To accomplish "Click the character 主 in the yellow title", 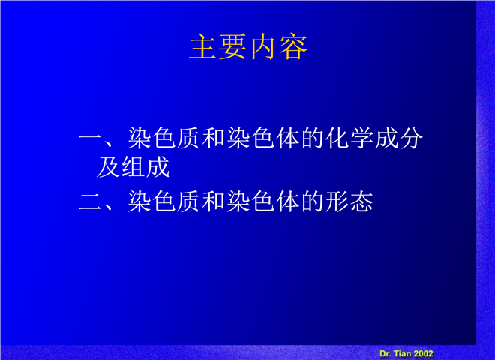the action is click(202, 47).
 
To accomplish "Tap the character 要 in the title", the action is click(232, 47).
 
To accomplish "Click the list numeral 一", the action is click(90, 138).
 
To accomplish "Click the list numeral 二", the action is click(90, 202).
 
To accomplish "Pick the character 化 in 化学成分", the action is click(337, 138).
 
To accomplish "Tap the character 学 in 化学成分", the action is click(361, 138).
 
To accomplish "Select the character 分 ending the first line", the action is click(411, 138).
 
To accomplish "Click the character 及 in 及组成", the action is click(108, 166).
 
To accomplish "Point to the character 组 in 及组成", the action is click(133, 166).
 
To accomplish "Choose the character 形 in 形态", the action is click(337, 202).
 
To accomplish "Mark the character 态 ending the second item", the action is click(361, 202).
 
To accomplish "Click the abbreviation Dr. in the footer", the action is click(385, 354).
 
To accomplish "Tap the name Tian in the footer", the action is click(402, 354).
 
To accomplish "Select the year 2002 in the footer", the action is click(423, 354).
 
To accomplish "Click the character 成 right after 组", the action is click(157, 166).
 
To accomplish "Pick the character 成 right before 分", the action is click(386, 138).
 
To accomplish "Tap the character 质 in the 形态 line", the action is click(189, 202).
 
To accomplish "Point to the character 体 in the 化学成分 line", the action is click(288, 138).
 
